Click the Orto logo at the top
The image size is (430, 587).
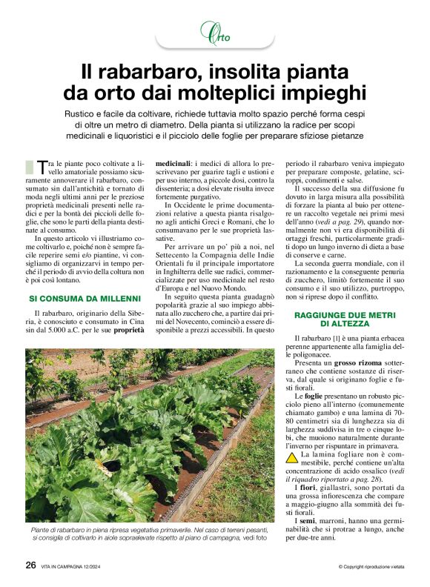tap(214, 33)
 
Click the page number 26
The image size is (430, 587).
tap(30, 565)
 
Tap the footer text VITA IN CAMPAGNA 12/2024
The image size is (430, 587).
tap(79, 566)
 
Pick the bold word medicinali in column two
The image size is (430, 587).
tap(172, 162)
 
